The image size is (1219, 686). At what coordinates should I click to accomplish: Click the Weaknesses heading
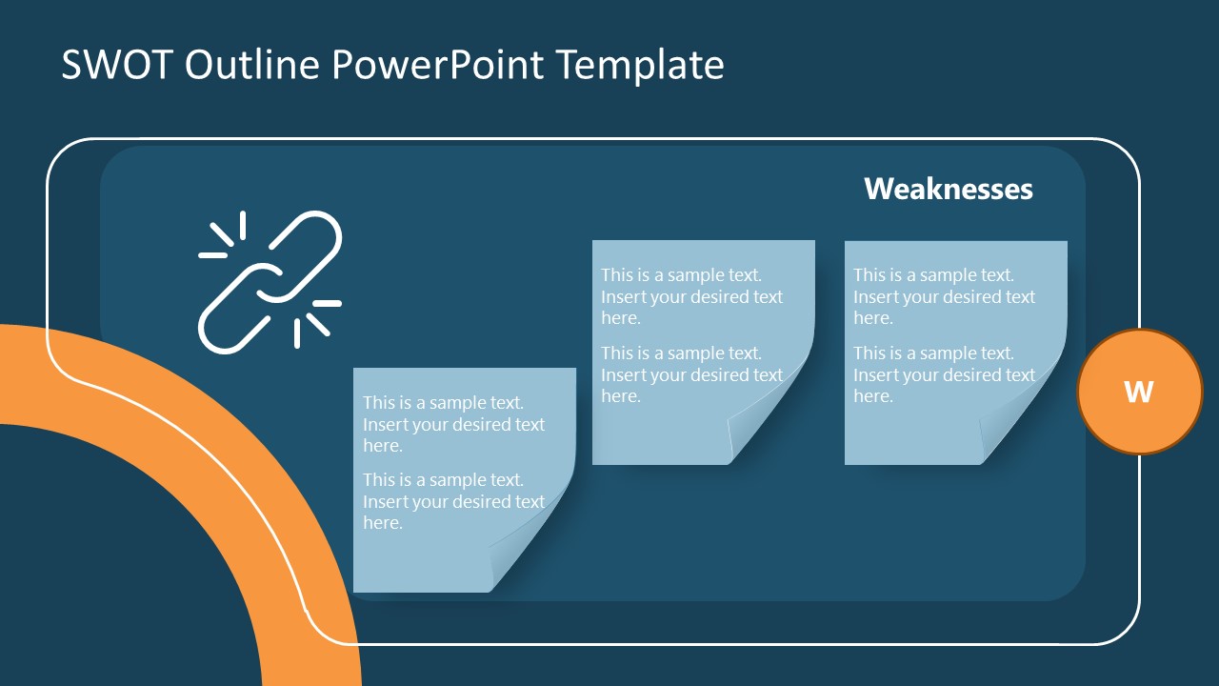coord(948,189)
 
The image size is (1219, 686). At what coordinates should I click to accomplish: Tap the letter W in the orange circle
coord(1139,392)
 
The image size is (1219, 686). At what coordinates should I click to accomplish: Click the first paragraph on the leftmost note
coord(453,424)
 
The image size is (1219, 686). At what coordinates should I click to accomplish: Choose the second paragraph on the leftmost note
coord(453,501)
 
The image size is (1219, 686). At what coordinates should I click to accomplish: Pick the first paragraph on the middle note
coord(691,296)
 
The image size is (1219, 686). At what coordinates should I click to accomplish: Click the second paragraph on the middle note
coord(691,374)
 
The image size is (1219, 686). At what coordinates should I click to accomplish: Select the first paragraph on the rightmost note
coord(944,296)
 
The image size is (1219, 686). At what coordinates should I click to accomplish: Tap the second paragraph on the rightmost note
coord(944,374)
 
